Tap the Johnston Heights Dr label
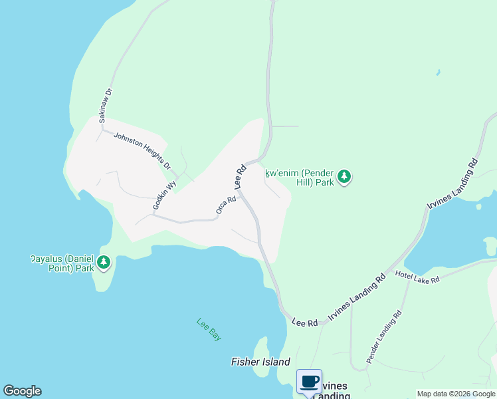[142, 150]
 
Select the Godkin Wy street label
[163, 196]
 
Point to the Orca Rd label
[226, 205]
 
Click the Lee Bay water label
[209, 329]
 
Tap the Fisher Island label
[260, 362]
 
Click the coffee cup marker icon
[309, 382]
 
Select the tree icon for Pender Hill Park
[344, 177]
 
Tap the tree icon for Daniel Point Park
[103, 263]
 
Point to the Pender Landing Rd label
[384, 332]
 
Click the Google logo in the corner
[22, 391]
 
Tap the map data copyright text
[456, 394]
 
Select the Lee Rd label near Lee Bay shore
[304, 322]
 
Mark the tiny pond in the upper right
[437, 72]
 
